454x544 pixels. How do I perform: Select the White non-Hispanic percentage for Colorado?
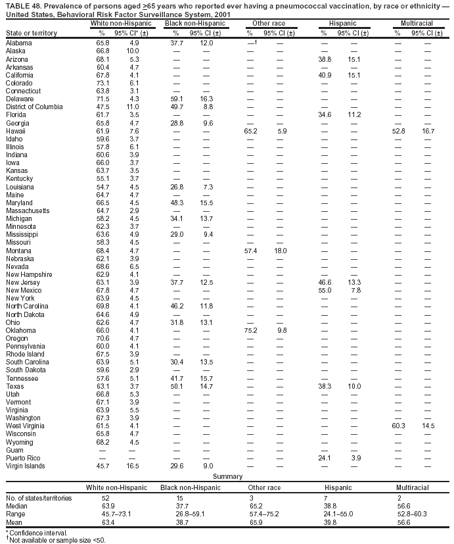pyautogui.click(x=102, y=83)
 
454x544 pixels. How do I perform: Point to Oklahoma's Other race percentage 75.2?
pyautogui.click(x=250, y=330)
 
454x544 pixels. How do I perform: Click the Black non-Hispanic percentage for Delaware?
pyautogui.click(x=177, y=99)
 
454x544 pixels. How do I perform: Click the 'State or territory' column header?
pyautogui.click(x=32, y=33)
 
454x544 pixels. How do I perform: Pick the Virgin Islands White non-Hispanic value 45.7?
pyautogui.click(x=102, y=466)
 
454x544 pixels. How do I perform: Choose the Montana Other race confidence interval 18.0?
pyautogui.click(x=281, y=251)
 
